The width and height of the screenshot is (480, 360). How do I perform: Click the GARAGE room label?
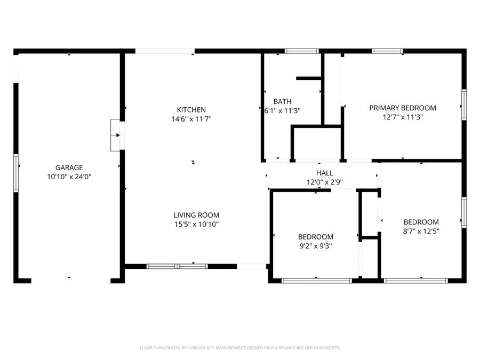coord(69,167)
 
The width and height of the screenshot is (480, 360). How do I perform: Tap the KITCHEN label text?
coord(191,109)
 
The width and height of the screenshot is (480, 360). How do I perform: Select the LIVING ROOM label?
coord(196,215)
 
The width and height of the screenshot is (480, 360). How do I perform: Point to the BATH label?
coord(282,101)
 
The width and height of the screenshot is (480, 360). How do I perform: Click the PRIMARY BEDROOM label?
coord(403,108)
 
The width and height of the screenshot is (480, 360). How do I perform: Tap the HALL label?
coord(324,173)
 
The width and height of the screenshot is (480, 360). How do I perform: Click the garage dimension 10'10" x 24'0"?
coord(69,177)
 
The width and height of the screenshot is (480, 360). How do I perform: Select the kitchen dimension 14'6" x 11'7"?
coord(191,119)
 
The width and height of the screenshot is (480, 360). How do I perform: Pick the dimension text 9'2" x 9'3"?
coord(316,246)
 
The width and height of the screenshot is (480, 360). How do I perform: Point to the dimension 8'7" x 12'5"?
coord(421,231)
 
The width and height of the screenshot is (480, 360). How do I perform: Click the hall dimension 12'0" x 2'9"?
coord(324,182)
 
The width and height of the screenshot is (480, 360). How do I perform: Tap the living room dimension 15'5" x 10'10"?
coord(196,224)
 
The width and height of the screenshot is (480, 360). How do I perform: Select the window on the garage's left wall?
coord(16,173)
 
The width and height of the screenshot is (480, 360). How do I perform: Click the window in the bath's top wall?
coord(301,51)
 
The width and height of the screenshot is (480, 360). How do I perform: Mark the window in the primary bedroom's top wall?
coord(387,51)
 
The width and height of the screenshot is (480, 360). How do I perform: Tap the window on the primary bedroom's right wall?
coord(464,105)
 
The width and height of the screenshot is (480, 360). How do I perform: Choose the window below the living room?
coord(177,266)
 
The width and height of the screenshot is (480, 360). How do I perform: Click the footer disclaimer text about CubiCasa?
coord(239,348)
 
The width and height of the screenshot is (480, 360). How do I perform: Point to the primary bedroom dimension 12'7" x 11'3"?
coord(403,117)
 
